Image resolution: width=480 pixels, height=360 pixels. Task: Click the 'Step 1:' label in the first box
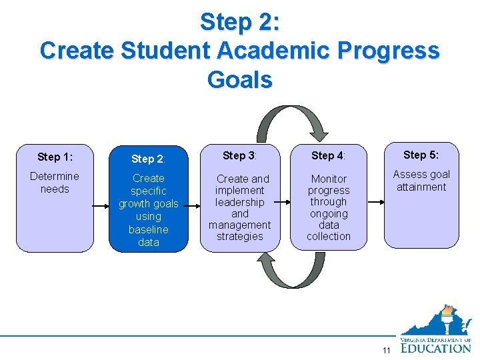55,157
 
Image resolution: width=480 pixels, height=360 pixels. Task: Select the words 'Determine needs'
55,183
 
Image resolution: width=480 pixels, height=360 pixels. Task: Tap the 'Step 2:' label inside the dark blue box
148,159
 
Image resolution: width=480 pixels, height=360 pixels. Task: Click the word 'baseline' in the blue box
148,229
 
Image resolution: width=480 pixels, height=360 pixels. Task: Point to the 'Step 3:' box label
239,155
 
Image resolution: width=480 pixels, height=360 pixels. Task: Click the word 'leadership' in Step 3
239,202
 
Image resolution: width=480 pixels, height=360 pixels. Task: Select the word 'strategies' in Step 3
239,237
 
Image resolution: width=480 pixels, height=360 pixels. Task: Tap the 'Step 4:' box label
328,155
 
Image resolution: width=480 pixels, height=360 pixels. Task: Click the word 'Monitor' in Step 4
329,179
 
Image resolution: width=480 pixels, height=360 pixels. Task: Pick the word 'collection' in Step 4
329,237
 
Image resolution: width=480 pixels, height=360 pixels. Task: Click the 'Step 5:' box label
421,155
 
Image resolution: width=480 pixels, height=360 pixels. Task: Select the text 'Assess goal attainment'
421,181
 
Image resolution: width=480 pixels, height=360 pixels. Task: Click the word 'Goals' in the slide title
239,80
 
